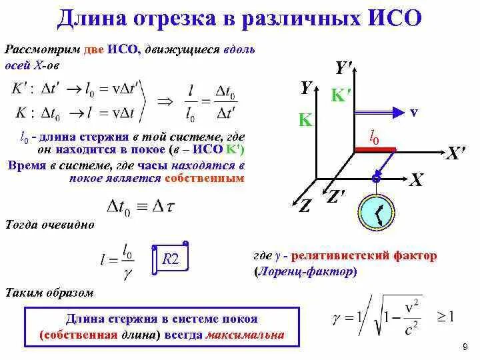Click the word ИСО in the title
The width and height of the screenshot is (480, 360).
pos(395,17)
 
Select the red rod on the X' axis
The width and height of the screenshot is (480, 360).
pos(375,149)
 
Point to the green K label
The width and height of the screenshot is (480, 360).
pos(305,120)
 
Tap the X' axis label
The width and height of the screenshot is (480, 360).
pos(455,154)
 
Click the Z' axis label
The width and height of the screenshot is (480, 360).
pos(335,197)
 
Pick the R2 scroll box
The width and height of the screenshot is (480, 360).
pos(171,259)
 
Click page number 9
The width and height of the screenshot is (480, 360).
pos(464,348)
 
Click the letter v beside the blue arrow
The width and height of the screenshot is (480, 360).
pos(413,112)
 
